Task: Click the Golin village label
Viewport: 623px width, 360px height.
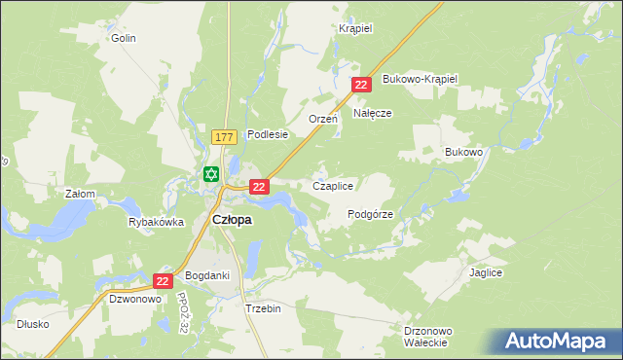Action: [123, 38]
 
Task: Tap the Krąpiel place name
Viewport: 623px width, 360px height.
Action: [355, 28]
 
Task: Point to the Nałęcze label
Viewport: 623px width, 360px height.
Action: [372, 113]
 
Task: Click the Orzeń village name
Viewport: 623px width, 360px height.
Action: [322, 119]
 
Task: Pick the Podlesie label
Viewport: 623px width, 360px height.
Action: [268, 134]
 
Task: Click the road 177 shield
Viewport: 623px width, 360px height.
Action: [222, 138]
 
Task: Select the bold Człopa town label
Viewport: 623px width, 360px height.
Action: [232, 220]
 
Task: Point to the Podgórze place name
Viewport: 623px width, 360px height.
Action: [370, 214]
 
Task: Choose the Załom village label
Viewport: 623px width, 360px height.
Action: [80, 194]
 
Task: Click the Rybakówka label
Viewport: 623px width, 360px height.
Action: [156, 222]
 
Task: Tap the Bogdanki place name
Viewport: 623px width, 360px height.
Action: [207, 275]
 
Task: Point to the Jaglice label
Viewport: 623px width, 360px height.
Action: [486, 273]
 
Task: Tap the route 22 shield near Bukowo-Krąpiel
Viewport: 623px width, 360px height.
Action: [361, 85]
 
